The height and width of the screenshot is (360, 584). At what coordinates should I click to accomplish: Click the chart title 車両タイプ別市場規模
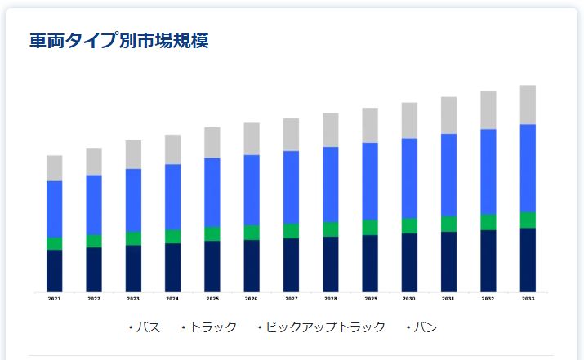click(x=119, y=40)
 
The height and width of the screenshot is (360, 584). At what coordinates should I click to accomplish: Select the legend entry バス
click(x=148, y=327)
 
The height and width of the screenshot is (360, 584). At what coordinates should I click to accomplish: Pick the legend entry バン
click(x=425, y=327)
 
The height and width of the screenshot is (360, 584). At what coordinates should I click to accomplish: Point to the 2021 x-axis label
click(x=54, y=300)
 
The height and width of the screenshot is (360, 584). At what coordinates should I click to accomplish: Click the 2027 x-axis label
click(x=291, y=300)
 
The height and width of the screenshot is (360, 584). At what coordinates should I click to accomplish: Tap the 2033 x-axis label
click(x=528, y=300)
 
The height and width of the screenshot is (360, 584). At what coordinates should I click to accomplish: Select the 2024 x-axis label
click(x=172, y=300)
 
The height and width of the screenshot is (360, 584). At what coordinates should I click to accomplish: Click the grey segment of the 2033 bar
click(x=528, y=104)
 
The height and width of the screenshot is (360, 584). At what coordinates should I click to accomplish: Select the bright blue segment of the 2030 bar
click(x=409, y=178)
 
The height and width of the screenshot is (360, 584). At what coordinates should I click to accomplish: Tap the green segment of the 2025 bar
click(x=212, y=233)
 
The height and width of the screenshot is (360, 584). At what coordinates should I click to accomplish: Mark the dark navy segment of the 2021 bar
click(x=54, y=270)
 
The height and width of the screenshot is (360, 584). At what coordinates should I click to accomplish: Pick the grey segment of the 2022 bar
click(x=94, y=162)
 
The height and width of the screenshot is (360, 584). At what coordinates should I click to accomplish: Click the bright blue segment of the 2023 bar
click(x=133, y=200)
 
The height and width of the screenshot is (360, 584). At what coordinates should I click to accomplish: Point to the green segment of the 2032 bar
click(x=488, y=222)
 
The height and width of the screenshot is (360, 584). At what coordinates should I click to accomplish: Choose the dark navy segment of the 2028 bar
click(x=330, y=264)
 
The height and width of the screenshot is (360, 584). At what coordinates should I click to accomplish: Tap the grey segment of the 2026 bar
click(x=252, y=139)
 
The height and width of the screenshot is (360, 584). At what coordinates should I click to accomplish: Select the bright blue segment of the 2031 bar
click(x=448, y=175)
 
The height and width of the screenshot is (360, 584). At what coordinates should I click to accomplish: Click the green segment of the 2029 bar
click(x=370, y=227)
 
